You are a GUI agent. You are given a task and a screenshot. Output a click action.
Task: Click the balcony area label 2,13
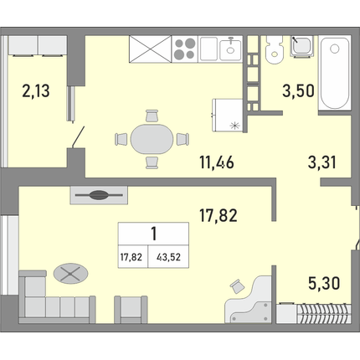tap(36, 91)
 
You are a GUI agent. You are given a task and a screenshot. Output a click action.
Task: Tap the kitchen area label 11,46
tap(217, 162)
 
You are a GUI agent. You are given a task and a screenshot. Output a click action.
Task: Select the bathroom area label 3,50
tap(298, 91)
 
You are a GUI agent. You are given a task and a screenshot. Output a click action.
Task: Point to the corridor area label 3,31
tap(321, 162)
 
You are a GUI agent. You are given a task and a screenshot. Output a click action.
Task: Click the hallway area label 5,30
tap(324, 283)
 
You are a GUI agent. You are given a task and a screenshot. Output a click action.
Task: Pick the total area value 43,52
tap(168, 257)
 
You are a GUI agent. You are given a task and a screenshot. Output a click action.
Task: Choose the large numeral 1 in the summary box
tap(154, 234)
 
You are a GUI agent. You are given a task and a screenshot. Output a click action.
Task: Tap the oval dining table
tap(152, 139)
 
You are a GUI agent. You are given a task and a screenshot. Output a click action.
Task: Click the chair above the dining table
tap(152, 116)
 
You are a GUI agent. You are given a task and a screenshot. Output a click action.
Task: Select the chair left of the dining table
tap(121, 139)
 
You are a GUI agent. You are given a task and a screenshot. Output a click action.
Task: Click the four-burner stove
tap(185, 49)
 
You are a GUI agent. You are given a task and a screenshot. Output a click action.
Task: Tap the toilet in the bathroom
tap(275, 49)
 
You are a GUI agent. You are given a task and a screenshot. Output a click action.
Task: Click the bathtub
tap(335, 73)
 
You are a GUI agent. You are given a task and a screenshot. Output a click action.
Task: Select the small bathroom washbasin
tap(301, 46)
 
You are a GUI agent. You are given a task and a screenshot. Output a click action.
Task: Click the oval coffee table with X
tap(70, 274)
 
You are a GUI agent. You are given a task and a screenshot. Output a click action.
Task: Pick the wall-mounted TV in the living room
tap(99, 195)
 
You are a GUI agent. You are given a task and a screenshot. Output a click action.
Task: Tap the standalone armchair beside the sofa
tap(131, 309)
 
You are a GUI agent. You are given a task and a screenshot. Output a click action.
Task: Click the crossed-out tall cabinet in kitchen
tap(150, 49)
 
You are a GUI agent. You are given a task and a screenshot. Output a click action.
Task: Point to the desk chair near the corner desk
tap(237, 286)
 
